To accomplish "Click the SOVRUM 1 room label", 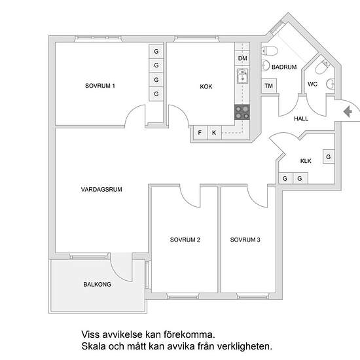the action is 100,86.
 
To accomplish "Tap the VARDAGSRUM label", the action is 101,189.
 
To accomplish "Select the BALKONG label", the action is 97,284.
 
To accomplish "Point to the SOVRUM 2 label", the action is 185,240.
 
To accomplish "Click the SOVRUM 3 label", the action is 245,240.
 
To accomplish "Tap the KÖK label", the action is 206,86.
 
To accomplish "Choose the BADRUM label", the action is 284,67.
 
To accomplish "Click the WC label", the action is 312,84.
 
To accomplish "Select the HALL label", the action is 301,118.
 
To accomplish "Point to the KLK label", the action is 306,161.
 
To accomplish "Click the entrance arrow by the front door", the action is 348,111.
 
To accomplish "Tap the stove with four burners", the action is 242,112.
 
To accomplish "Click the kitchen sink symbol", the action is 242,76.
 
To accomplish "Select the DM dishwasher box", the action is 242,58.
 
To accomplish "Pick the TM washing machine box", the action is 269,86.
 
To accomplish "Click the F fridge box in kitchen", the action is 200,132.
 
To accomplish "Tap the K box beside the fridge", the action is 214,132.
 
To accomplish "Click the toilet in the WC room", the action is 322,67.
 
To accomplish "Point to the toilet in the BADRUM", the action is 269,51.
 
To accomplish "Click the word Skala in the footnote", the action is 93,346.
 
